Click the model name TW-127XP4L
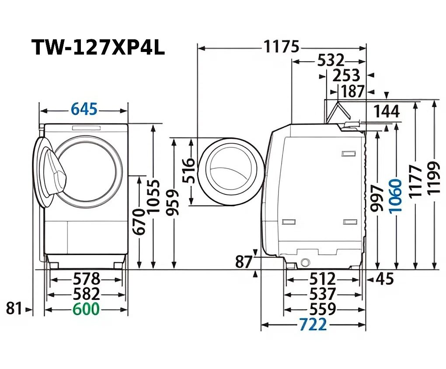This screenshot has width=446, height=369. point(98,48)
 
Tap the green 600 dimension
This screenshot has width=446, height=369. point(86,309)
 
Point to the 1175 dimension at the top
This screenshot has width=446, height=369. point(281,47)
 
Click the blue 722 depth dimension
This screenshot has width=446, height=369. point(313,324)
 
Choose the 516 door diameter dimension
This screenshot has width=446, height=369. point(187,170)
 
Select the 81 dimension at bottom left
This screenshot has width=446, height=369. point(14,309)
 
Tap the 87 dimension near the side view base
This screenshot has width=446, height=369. point(244,262)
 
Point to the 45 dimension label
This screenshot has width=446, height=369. point(384,279)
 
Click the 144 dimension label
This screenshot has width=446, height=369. point(386,111)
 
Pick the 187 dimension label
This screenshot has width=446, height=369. point(352,92)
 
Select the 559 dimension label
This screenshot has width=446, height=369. point(322,309)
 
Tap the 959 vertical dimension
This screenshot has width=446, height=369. point(174,203)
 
